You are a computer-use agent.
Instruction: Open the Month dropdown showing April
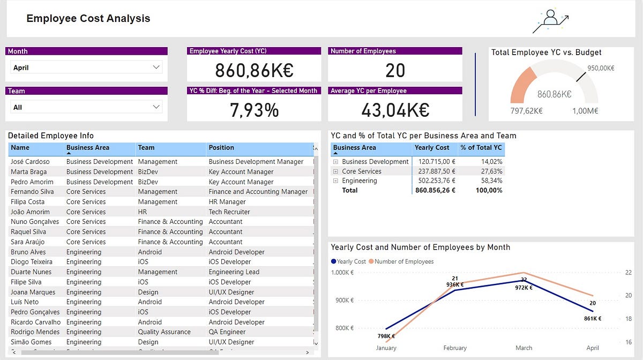point(86,67)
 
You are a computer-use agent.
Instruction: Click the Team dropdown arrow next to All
point(156,107)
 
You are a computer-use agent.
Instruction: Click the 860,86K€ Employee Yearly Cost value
point(253,71)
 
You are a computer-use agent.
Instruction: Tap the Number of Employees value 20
point(395,71)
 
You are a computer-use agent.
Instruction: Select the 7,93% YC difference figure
point(254,110)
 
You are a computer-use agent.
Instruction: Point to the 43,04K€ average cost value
point(395,110)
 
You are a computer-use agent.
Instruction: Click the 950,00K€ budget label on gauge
point(600,68)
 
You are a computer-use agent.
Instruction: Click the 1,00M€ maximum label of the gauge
point(585,111)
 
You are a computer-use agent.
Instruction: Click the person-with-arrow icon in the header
point(550,21)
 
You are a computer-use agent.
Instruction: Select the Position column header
point(221,148)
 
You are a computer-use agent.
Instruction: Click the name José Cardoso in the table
point(30,162)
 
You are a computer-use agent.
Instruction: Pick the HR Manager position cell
point(227,202)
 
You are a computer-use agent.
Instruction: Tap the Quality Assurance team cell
point(164,332)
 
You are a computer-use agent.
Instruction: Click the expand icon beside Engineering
point(335,181)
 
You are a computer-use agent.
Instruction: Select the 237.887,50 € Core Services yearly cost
point(435,171)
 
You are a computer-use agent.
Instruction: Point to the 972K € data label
point(524,288)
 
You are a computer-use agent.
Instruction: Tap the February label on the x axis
point(455,348)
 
